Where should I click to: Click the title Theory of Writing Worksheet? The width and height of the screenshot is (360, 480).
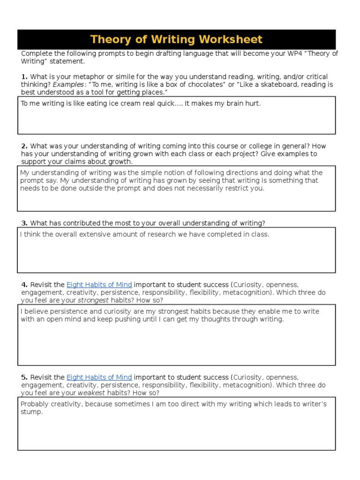[176, 39]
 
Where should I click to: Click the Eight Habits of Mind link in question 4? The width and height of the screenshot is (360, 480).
[99, 285]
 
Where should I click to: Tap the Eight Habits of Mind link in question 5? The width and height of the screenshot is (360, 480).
[99, 377]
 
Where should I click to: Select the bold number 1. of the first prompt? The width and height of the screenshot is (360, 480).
[24, 76]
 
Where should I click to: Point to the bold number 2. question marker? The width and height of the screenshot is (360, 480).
[24, 146]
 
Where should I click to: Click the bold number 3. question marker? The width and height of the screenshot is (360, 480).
[24, 223]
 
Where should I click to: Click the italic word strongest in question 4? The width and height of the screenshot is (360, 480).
[93, 300]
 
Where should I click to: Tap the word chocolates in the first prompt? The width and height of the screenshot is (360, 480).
[202, 84]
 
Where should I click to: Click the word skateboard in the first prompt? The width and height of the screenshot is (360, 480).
[269, 84]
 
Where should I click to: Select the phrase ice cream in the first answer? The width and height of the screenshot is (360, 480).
[123, 104]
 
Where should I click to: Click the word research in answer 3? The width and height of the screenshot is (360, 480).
[161, 234]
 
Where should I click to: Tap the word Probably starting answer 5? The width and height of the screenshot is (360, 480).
[35, 404]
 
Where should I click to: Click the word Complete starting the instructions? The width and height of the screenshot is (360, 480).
[35, 53]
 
